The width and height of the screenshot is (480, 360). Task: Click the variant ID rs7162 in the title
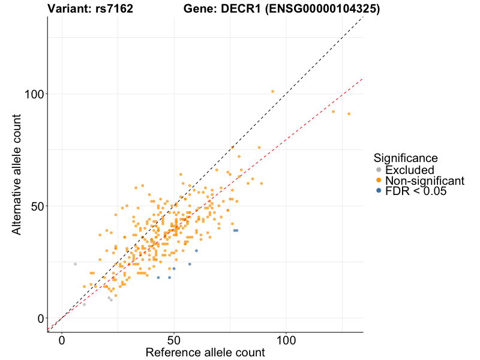pyautogui.click(x=114, y=9)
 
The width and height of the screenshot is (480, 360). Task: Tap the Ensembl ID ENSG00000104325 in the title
pyautogui.click(x=323, y=9)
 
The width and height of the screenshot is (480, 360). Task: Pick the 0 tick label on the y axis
pyautogui.click(x=40, y=318)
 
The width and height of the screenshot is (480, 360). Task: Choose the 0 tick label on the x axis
pyautogui.click(x=62, y=340)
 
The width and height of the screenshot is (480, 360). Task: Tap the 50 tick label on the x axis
pyautogui.click(x=174, y=340)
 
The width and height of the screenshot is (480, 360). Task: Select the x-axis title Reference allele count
pyautogui.click(x=205, y=353)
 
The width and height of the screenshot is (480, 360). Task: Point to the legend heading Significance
pyautogui.click(x=405, y=158)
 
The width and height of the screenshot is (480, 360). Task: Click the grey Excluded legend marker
pyautogui.click(x=379, y=170)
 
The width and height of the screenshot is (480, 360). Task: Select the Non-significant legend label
pyautogui.click(x=425, y=181)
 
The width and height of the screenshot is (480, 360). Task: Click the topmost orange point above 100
pyautogui.click(x=272, y=91)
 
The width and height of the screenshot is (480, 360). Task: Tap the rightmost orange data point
pyautogui.click(x=349, y=114)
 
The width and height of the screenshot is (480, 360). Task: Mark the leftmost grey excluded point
pyautogui.click(x=75, y=264)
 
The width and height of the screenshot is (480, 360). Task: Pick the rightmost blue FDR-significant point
pyautogui.click(x=237, y=230)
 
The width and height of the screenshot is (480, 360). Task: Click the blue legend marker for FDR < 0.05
pyautogui.click(x=379, y=191)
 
